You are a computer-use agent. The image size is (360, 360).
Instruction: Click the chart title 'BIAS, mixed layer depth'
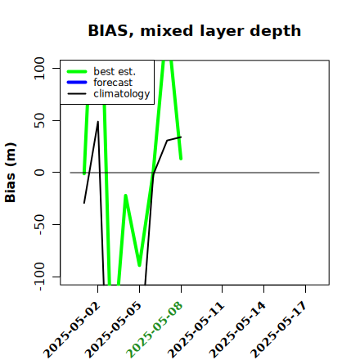195,31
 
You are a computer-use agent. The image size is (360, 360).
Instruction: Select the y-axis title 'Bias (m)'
11,173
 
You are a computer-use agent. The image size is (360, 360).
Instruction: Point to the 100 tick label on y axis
39,68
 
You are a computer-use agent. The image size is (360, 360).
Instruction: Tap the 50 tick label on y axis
39,120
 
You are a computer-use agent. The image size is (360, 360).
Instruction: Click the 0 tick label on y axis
39,173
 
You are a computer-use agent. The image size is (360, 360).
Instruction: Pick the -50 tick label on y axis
40,225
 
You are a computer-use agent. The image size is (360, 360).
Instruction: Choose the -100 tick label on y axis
40,277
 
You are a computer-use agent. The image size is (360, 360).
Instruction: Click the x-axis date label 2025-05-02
72,330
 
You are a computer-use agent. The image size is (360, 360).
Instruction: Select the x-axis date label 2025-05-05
114,330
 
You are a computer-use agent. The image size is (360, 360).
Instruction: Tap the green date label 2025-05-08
155,330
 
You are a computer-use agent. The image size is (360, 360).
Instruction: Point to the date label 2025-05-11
196,330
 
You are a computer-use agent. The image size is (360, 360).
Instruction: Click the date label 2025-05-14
237,330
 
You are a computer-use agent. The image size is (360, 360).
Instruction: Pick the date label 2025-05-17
279,330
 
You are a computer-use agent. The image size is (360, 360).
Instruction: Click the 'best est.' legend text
115,71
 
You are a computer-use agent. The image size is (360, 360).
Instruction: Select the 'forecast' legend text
113,83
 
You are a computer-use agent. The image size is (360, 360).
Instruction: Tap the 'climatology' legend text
122,94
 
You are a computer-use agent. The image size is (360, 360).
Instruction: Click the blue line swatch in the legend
77,83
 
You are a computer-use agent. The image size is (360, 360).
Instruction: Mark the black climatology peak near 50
98,122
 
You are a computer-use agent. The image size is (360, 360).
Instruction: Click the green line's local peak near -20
125,196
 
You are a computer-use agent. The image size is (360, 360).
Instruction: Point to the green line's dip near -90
139,265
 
